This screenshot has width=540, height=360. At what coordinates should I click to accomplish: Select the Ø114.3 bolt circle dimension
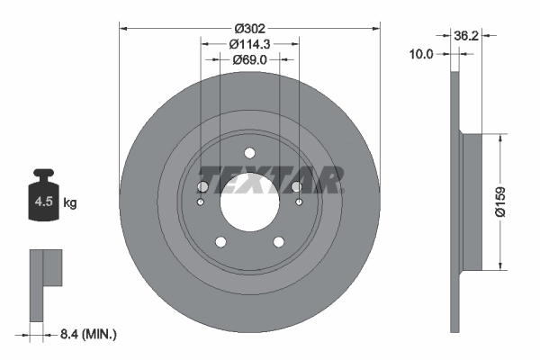point(250,43)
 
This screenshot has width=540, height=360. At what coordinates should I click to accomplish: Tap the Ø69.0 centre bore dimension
point(250,59)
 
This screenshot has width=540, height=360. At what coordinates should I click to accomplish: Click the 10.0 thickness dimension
point(421,54)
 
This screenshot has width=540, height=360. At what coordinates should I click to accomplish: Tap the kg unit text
point(70,203)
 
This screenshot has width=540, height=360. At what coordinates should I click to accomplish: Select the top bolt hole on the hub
point(250,153)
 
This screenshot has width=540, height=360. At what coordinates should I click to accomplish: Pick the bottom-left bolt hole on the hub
point(220,241)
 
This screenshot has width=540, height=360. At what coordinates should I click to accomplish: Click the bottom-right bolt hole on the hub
point(280,241)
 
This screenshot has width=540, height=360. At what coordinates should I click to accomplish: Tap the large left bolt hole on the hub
point(202,186)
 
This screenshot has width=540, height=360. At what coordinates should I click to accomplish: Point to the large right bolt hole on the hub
point(298,186)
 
